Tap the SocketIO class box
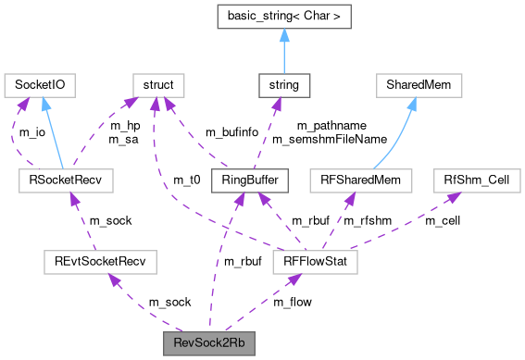point(40,86)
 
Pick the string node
point(283,86)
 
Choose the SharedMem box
point(418,86)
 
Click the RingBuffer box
point(239,180)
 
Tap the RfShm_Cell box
point(473,180)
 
